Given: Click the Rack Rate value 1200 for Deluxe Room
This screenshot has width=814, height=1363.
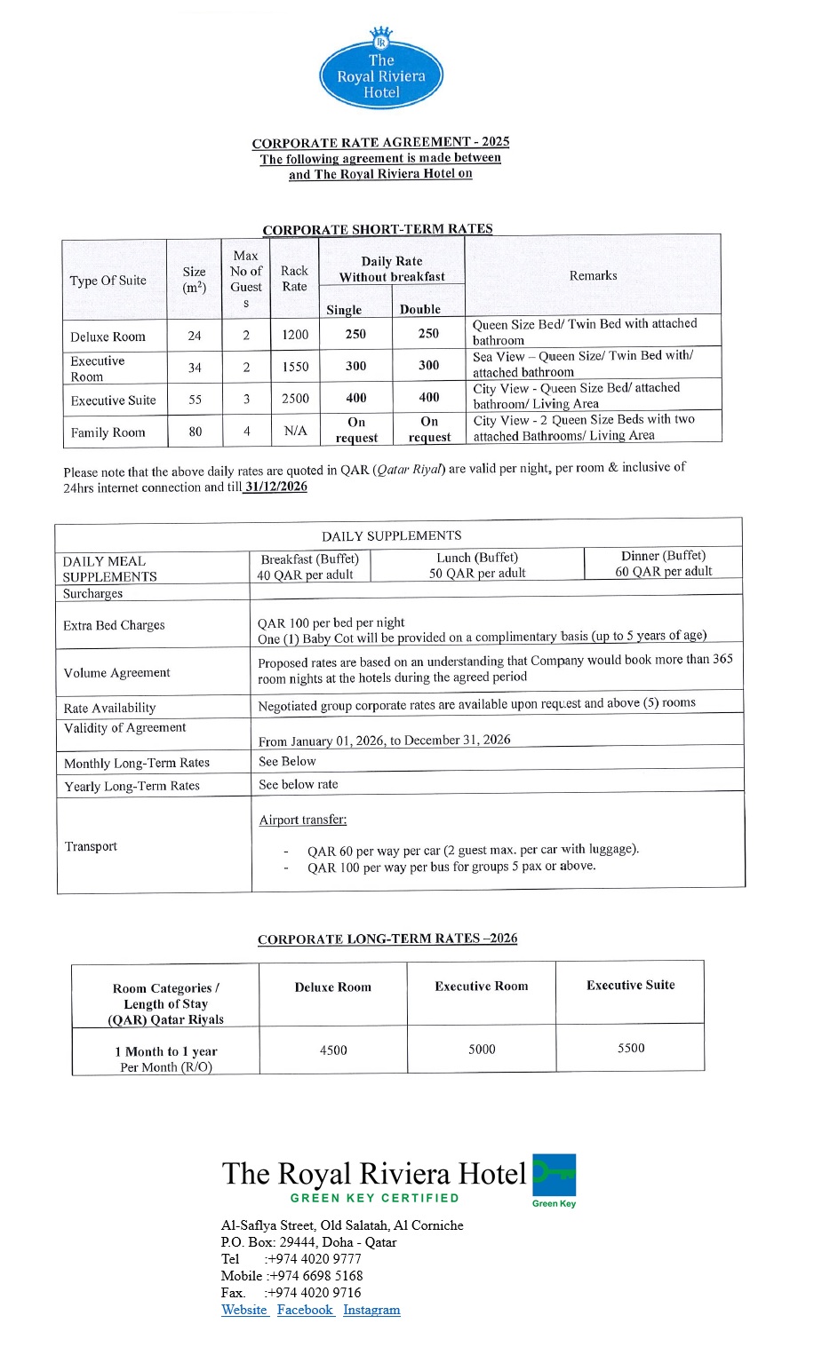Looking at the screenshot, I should click(x=295, y=335).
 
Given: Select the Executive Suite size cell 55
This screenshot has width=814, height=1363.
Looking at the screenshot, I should click(x=195, y=400).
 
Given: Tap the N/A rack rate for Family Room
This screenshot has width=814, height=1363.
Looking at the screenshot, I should click(x=295, y=431).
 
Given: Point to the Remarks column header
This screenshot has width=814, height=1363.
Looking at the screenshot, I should click(x=593, y=275).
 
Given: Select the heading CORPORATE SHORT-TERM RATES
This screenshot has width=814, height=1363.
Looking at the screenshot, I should click(x=377, y=229).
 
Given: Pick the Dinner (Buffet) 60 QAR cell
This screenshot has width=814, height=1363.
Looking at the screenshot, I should click(x=663, y=564).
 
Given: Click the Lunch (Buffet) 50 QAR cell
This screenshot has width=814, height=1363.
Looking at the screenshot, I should click(x=477, y=566).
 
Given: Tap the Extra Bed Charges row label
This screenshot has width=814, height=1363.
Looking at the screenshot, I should click(x=114, y=625).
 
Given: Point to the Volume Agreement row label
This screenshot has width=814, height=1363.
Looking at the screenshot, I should click(x=116, y=673).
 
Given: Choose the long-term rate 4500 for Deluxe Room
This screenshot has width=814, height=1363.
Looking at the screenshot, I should click(x=333, y=1050).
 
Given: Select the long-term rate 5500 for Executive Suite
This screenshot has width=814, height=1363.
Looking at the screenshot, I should click(x=631, y=1049).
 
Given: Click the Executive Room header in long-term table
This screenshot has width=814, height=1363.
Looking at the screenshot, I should click(x=482, y=987).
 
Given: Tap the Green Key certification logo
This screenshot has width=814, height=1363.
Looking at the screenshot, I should click(x=555, y=1178).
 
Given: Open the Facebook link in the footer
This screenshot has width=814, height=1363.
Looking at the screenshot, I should click(x=305, y=1310).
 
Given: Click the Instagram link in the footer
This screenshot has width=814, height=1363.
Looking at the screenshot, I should click(x=371, y=1310).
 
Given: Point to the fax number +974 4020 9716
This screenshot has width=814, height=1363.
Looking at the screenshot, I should click(x=315, y=1293).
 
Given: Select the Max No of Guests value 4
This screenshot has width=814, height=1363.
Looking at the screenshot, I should click(x=247, y=432).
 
